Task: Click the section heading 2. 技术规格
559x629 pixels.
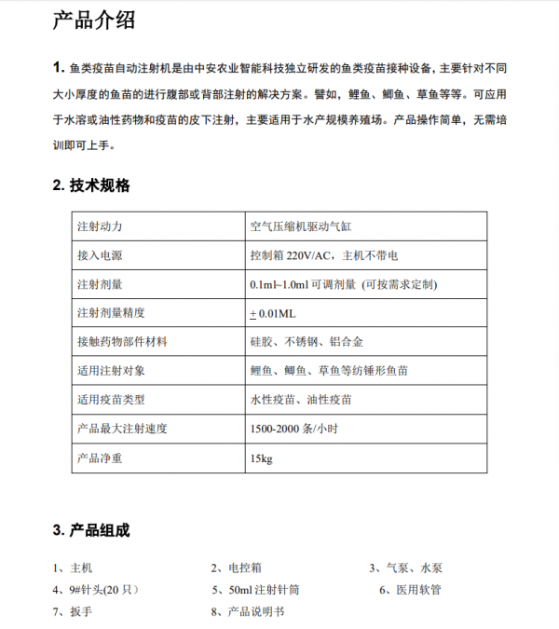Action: pos(92,185)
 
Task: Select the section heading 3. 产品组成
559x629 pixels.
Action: pos(92,531)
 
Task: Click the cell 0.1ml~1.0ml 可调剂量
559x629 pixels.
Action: pos(343,284)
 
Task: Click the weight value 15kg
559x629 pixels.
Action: pos(261,458)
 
